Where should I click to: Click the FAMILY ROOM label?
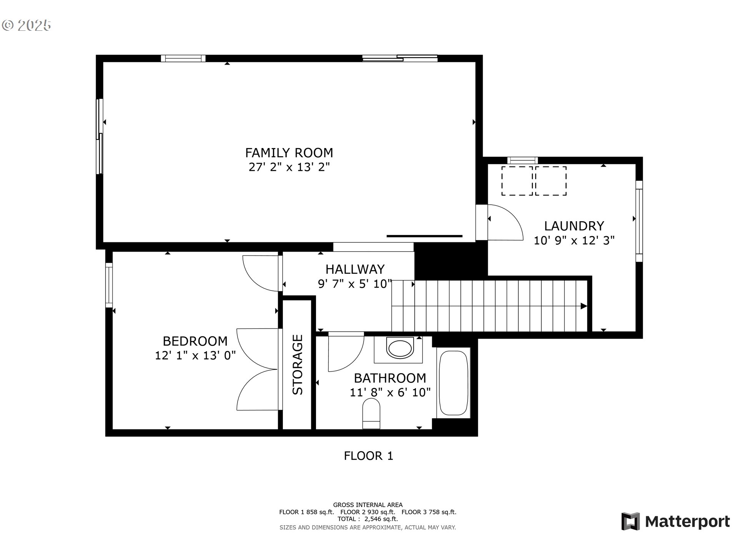tap(289, 153)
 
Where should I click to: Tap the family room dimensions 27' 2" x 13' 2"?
tap(289, 167)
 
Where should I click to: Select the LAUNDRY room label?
tap(574, 226)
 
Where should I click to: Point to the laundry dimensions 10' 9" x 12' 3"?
tap(574, 240)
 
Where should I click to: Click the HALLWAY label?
tap(355, 269)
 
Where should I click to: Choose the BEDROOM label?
tap(195, 341)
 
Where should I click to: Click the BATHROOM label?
tap(390, 378)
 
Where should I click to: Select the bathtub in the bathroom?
tap(454, 383)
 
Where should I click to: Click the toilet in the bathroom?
tap(371, 414)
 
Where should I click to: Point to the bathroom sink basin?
tap(400, 349)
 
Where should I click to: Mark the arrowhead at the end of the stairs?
tap(584, 306)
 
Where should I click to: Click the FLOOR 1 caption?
tap(369, 456)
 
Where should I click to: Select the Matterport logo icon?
tap(631, 521)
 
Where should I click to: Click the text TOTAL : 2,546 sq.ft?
tap(368, 519)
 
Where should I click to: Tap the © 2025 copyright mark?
tap(27, 25)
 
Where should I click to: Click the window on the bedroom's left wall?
tap(109, 285)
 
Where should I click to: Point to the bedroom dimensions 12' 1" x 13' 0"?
tap(195, 355)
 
